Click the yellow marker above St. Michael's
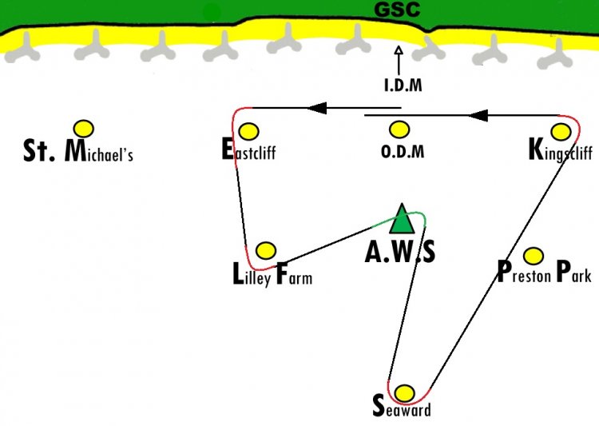[x=84, y=129]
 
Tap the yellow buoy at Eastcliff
[x=248, y=132]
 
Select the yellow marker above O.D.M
[x=399, y=129]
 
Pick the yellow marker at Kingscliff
[x=561, y=132]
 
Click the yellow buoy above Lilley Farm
[x=266, y=250]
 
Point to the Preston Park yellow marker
[x=534, y=256]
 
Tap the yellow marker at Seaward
[x=404, y=393]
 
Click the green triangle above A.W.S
[x=402, y=219]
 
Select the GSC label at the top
[x=397, y=10]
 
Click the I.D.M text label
[x=403, y=86]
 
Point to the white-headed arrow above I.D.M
[x=399, y=61]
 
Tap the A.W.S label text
[x=400, y=253]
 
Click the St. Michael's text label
[x=78, y=151]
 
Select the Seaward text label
[x=402, y=407]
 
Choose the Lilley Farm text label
[x=272, y=275]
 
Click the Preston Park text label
[x=545, y=272]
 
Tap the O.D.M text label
[x=403, y=152]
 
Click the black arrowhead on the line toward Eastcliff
[x=317, y=108]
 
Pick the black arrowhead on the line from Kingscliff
[x=478, y=115]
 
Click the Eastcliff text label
[x=248, y=149]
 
